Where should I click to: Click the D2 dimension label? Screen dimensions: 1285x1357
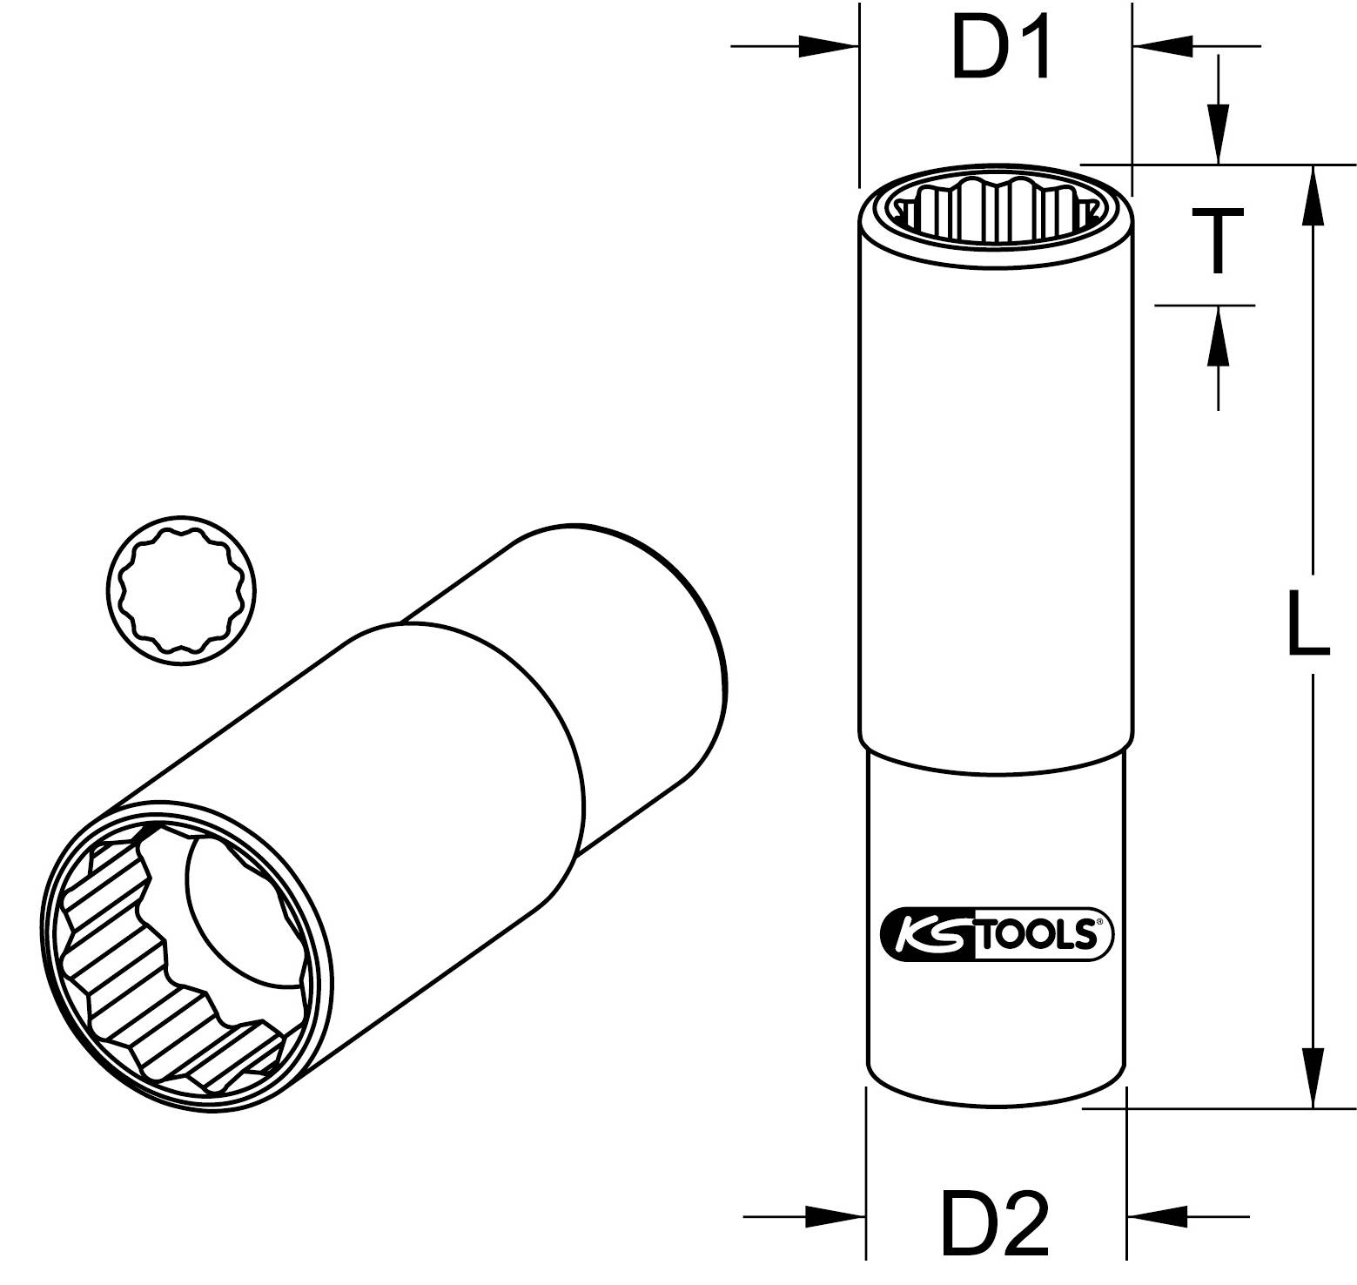point(995,1223)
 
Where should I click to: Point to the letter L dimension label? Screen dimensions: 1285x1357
point(1308,622)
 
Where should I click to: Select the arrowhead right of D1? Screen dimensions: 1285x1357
point(1162,46)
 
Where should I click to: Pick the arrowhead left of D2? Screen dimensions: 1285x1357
point(836,1216)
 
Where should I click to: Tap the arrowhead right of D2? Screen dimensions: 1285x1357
point(1156,1216)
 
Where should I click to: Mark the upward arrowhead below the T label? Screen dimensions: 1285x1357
point(1218,337)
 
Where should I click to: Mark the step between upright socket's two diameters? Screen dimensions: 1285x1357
point(996,757)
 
